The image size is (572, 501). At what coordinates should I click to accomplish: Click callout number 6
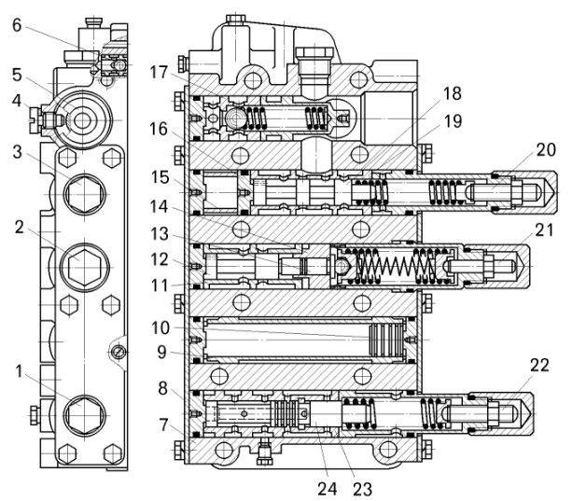point(17,25)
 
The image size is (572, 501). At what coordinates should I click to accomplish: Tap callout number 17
point(159,72)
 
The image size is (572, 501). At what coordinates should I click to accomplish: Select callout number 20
point(546,149)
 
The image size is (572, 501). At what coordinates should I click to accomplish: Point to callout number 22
point(539,365)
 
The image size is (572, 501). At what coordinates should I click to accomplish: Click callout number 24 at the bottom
point(328,489)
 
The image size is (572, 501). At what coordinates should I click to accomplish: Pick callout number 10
point(160,327)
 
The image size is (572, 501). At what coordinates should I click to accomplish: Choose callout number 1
point(19,371)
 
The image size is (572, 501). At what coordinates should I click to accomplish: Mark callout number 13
point(160,234)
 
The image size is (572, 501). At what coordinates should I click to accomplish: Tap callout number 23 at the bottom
point(362,489)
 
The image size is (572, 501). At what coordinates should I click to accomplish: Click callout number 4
point(17,101)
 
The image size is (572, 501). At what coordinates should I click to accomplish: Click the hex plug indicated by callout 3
point(84,194)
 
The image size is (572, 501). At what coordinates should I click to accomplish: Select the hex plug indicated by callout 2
point(84,267)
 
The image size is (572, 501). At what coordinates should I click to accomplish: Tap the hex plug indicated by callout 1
point(85,415)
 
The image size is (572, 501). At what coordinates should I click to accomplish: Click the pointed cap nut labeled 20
point(523,192)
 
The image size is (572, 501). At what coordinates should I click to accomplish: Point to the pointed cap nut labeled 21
point(496,266)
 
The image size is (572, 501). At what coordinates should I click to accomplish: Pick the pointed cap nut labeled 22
point(501,414)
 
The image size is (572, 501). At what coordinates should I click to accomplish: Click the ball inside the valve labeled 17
point(233,118)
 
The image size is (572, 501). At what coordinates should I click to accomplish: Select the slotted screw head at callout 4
point(35,120)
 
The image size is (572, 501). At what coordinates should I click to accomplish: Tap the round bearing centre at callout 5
point(82,120)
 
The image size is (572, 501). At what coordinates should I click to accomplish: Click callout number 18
point(452,93)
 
